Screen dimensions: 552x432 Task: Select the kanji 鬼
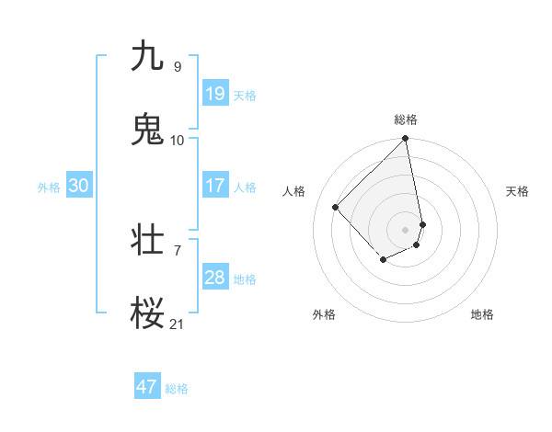pos(147,130)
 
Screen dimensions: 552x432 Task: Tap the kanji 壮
pos(147,240)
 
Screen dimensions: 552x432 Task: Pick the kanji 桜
pos(147,313)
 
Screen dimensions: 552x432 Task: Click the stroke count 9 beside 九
pos(177,66)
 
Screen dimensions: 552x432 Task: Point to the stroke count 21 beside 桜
pos(177,324)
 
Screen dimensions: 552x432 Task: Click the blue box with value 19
pos(214,94)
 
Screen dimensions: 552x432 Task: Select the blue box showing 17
pos(214,186)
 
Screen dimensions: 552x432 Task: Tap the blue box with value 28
pos(214,278)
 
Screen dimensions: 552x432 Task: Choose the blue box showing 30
pos(78,186)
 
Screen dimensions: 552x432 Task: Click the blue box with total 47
pos(147,387)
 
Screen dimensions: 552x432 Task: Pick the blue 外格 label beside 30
pos(49,188)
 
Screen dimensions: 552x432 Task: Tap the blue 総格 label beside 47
pos(177,389)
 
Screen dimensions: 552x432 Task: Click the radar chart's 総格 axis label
pos(406,119)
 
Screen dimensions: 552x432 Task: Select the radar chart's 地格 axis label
pos(482,314)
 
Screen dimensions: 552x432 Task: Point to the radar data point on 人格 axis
pos(336,207)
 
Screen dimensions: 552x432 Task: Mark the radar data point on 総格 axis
pos(406,140)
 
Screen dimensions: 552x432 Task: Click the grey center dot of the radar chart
pos(406,229)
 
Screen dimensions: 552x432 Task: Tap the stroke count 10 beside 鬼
pos(177,140)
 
